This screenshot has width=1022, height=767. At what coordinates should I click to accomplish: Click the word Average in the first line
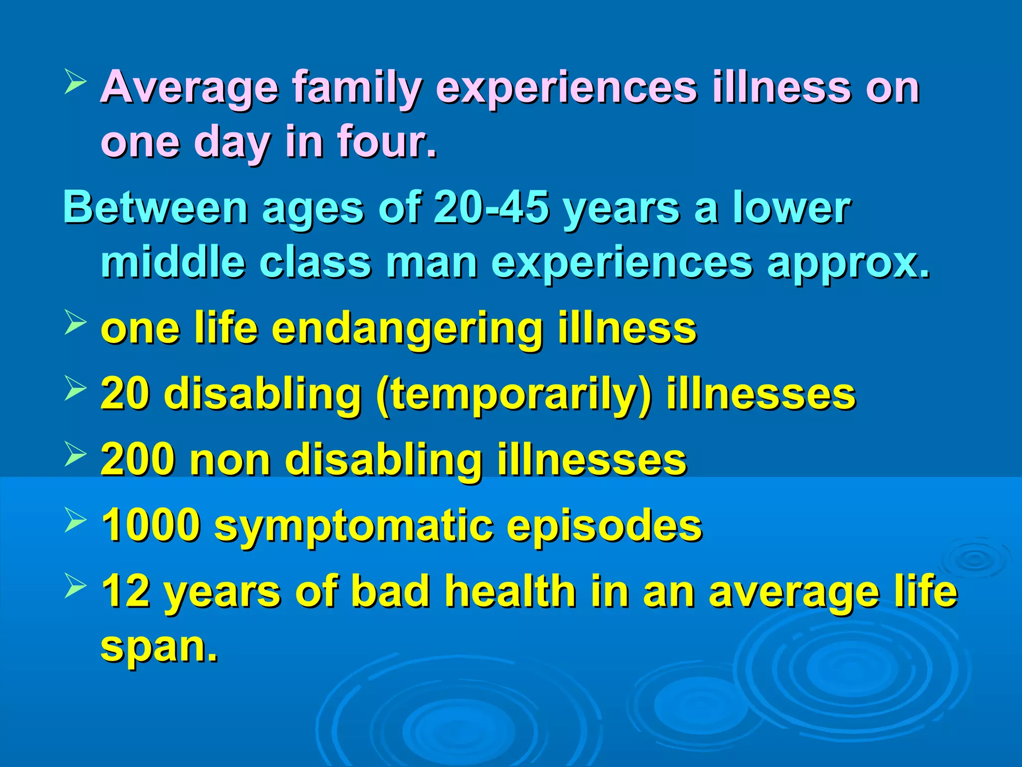pyautogui.click(x=189, y=88)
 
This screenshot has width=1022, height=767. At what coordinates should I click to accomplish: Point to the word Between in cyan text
pyautogui.click(x=155, y=208)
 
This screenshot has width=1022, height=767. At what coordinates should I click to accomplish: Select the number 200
pyautogui.click(x=137, y=460)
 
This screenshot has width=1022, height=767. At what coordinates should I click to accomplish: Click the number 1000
pyautogui.click(x=151, y=526)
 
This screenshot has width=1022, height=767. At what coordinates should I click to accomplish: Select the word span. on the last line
pyautogui.click(x=159, y=647)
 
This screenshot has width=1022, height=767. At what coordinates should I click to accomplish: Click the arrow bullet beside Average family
pyautogui.click(x=76, y=82)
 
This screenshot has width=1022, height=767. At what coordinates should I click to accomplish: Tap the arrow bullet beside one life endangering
pyautogui.click(x=76, y=323)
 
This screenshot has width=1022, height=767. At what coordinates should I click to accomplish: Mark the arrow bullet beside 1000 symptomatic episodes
pyautogui.click(x=76, y=520)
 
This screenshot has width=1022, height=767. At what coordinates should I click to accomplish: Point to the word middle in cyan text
pyautogui.click(x=173, y=263)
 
